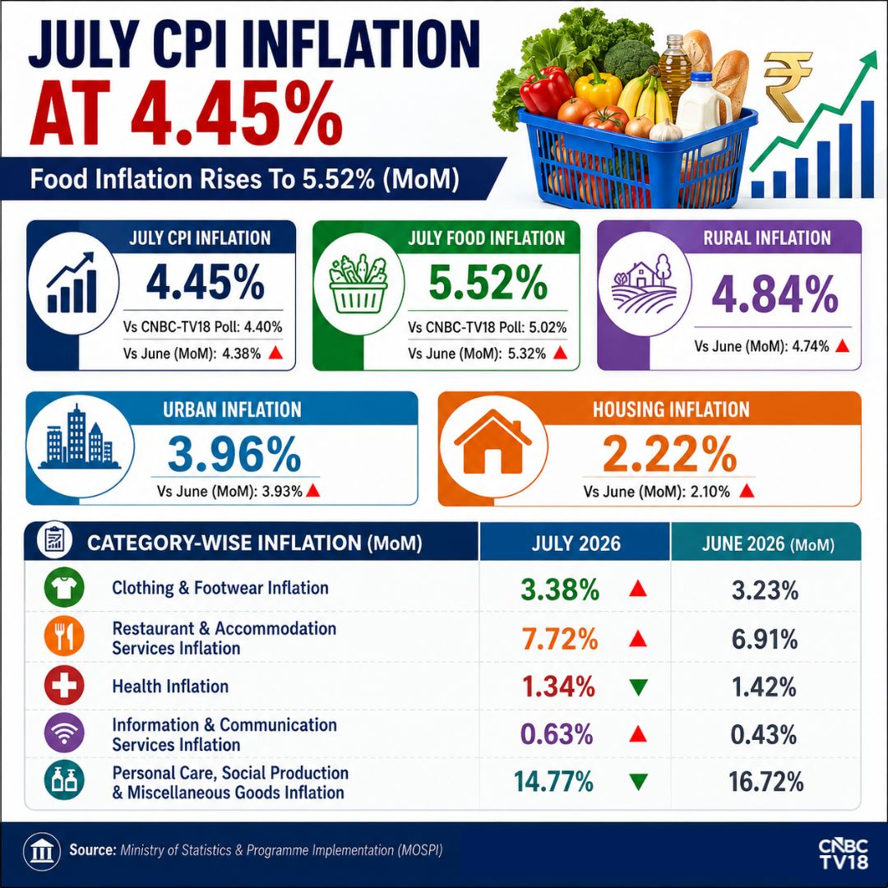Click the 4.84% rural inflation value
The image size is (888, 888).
tap(775, 294)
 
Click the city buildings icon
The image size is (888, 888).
tap(79, 437)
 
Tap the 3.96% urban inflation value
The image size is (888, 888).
tap(234, 454)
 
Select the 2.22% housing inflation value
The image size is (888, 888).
tap(669, 454)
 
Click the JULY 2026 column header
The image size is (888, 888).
tap(576, 543)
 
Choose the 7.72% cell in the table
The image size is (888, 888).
tap(560, 639)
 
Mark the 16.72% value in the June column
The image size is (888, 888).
tap(765, 782)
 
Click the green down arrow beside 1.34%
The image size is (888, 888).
tap(638, 687)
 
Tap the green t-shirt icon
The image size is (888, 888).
tap(64, 589)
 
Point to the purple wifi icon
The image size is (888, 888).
tap(64, 733)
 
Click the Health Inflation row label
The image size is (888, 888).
tap(170, 687)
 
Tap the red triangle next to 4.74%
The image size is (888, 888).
tap(842, 345)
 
